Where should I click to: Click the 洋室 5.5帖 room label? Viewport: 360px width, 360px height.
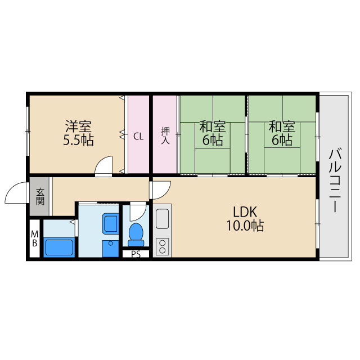[x=79, y=133]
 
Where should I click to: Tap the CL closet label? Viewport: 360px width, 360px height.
[x=138, y=137]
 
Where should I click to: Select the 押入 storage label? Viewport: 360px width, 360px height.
[x=165, y=136]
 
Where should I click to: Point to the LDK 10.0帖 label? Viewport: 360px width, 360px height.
[x=245, y=219]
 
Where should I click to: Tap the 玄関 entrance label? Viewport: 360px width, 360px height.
[x=40, y=196]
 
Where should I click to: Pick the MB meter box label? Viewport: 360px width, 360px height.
[x=35, y=238]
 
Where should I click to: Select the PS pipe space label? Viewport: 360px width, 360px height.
[x=136, y=254]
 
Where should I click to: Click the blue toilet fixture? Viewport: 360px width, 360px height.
[x=136, y=235]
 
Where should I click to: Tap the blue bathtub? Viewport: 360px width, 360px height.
[x=59, y=247]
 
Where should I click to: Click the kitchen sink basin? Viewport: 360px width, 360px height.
[x=163, y=218]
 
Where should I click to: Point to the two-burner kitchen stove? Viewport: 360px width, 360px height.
[x=163, y=246]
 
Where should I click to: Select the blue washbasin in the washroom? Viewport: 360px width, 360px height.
[x=110, y=224]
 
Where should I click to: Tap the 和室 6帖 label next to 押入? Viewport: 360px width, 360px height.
[x=213, y=133]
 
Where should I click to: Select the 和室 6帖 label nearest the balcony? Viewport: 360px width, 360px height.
[x=282, y=133]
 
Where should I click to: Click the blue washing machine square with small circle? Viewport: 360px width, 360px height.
[x=110, y=249]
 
